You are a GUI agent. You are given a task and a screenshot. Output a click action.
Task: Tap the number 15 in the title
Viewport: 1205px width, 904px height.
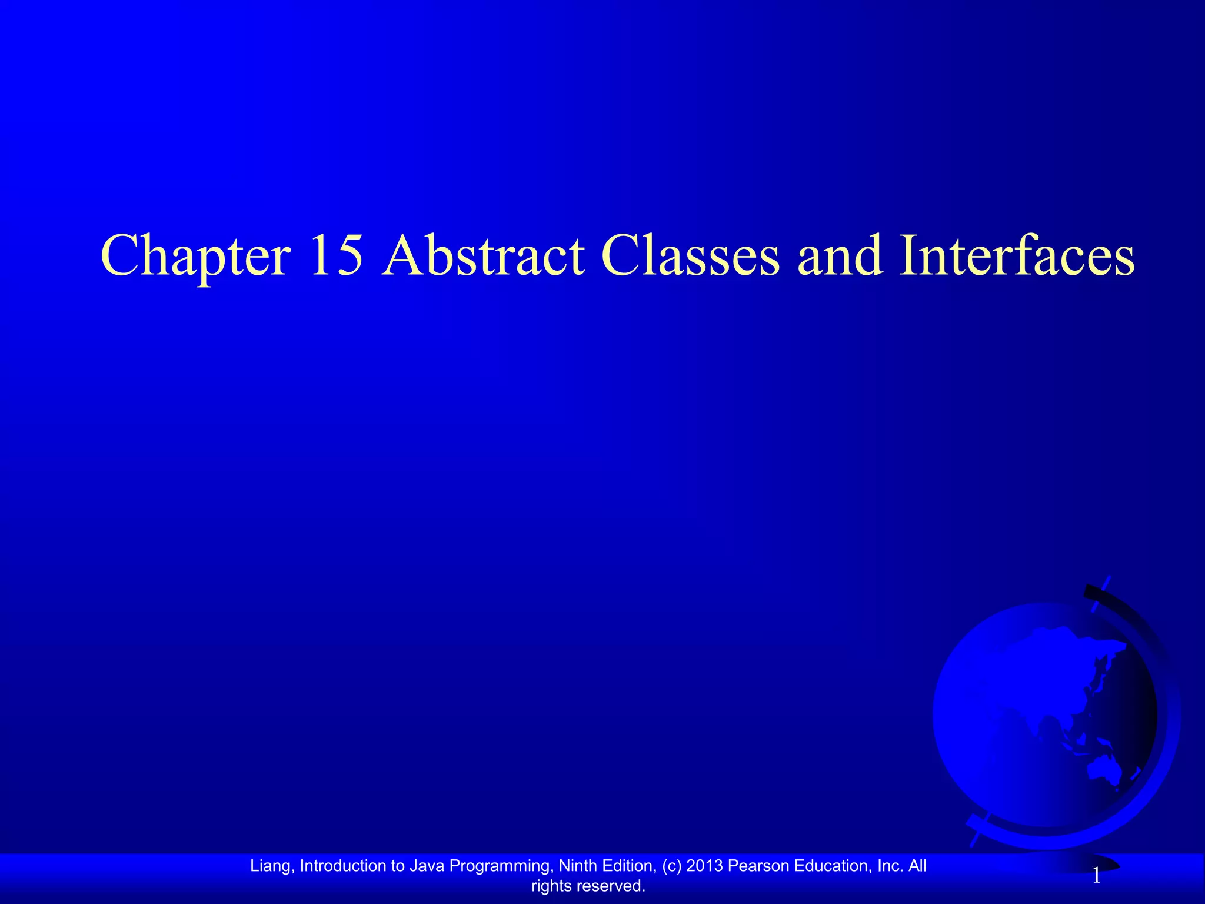[336, 255]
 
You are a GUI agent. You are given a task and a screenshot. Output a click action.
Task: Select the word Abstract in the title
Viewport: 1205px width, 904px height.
[483, 255]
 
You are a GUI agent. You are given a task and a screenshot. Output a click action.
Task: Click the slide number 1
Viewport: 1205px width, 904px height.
[1096, 876]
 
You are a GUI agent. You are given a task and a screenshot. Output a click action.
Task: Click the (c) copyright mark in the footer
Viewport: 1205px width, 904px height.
[671, 866]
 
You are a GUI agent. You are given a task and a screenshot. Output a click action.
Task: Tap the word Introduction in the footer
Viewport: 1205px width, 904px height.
[341, 866]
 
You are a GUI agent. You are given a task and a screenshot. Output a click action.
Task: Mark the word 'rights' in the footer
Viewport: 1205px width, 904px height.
[551, 886]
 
